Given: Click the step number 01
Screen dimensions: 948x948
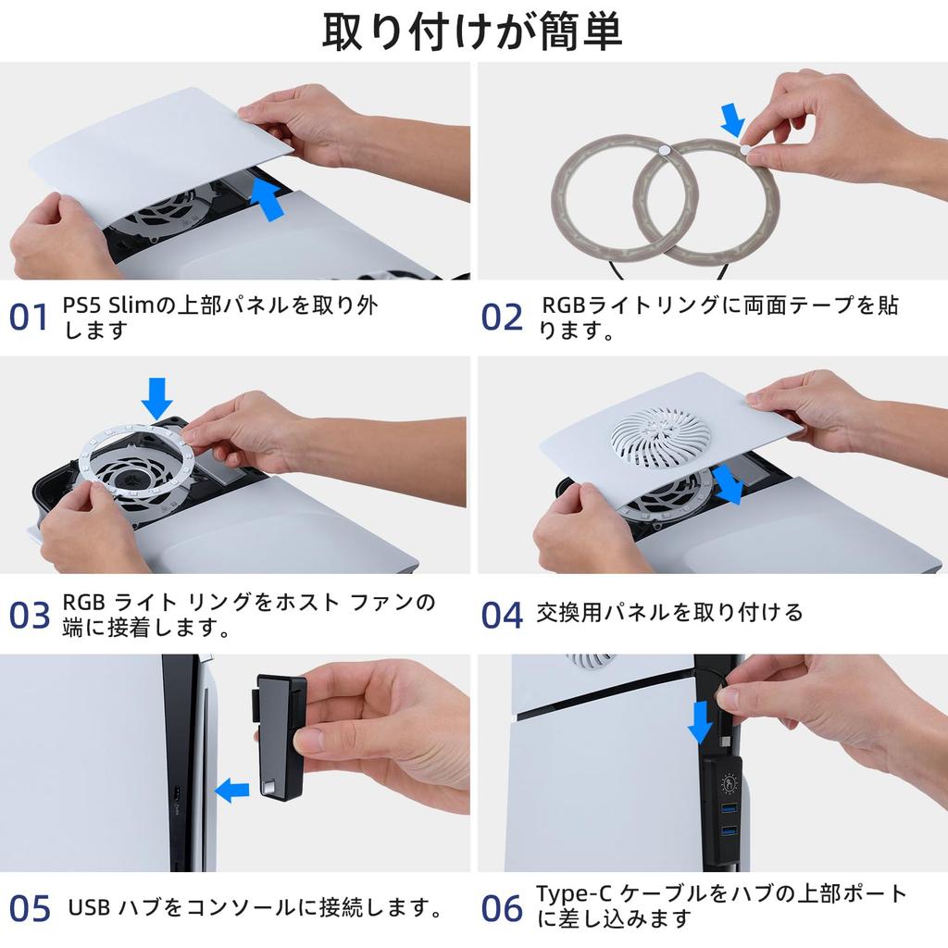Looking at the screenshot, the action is click(x=29, y=318).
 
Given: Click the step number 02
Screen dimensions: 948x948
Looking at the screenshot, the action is click(x=501, y=318).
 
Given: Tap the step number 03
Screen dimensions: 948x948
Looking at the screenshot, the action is click(x=29, y=615).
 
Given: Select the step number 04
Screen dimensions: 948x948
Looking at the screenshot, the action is click(x=501, y=615).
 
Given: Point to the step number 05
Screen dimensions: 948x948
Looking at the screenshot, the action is click(x=29, y=909).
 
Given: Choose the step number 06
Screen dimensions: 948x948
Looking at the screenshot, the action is click(x=501, y=909).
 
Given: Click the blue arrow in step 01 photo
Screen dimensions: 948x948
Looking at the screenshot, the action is click(x=266, y=198).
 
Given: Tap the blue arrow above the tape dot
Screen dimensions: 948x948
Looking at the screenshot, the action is click(x=733, y=119).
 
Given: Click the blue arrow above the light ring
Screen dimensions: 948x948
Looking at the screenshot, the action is click(x=156, y=398).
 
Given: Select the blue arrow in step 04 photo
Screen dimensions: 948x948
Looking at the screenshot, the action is click(x=727, y=484).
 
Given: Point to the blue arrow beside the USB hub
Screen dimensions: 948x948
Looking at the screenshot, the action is click(x=232, y=791).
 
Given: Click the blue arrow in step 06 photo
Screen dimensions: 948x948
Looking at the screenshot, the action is click(x=700, y=722).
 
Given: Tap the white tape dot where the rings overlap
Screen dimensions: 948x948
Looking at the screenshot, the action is click(x=664, y=149).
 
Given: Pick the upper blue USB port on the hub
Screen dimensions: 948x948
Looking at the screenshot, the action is click(x=730, y=808).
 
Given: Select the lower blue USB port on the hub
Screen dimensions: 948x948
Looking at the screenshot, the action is click(x=730, y=831).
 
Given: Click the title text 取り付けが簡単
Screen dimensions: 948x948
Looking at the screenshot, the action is click(x=472, y=31).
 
